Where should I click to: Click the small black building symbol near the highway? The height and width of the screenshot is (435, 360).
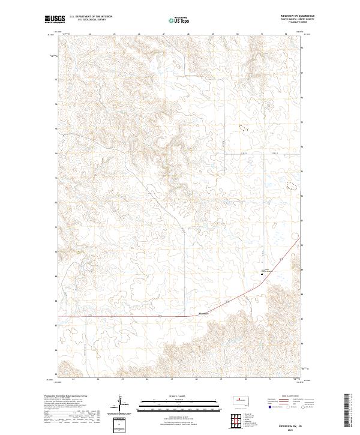tap(262, 272)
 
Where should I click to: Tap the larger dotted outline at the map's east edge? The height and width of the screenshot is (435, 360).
tap(291, 186)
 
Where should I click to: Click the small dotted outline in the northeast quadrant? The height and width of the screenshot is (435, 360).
tap(243, 127)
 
